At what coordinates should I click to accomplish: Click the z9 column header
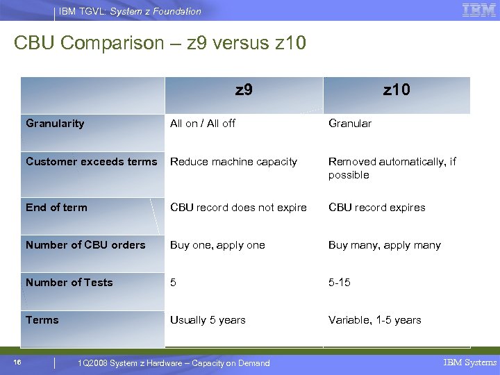coord(244,90)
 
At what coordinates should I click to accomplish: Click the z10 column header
coord(397,90)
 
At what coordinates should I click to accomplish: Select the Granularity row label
coord(55,124)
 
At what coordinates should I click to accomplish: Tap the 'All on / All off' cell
coord(203,124)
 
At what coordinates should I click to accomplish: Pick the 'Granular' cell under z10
coord(350,124)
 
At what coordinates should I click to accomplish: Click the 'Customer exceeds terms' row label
coord(92,162)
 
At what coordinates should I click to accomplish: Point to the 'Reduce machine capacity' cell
coord(233,162)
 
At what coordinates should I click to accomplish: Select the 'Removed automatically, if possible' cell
coord(392,168)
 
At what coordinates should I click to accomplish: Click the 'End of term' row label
coord(56,208)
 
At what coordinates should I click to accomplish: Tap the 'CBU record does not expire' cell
coord(238,208)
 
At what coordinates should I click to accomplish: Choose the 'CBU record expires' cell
coord(376,208)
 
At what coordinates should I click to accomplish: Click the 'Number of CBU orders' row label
coord(85,245)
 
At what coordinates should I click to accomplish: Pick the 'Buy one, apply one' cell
coord(217,245)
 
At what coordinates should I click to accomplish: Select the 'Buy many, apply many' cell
coord(384,245)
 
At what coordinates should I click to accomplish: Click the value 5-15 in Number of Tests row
coord(340,283)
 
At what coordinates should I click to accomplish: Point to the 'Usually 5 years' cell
coord(208,320)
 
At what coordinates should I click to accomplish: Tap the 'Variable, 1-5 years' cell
coord(375,320)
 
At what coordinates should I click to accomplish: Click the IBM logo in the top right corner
coord(478,10)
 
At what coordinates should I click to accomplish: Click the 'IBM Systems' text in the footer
coord(469,362)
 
